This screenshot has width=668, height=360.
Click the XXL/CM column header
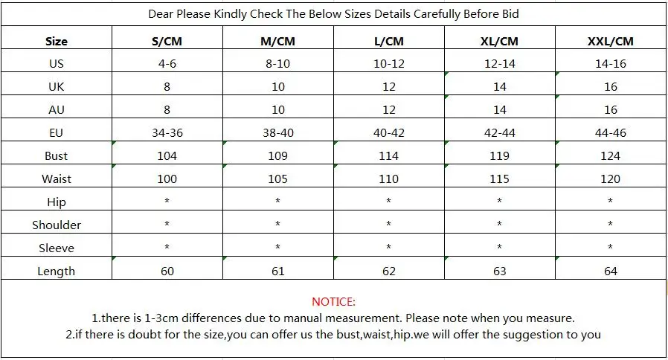610,42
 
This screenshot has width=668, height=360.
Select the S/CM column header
167,42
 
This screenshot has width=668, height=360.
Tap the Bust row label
57,156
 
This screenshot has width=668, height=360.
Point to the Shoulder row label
57,225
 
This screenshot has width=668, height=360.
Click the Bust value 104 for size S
167,156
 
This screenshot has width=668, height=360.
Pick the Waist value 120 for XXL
610,179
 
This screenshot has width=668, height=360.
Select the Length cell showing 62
388,271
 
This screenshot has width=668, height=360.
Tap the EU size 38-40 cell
277,133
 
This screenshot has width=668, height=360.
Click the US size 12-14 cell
500,64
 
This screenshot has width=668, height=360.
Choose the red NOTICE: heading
333,302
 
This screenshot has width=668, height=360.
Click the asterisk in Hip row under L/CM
388,201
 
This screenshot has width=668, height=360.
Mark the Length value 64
611,271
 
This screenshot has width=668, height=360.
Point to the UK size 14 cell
500,87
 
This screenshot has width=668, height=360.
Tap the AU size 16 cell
611,110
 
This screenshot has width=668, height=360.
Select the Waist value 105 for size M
277,179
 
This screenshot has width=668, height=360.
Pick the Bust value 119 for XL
499,156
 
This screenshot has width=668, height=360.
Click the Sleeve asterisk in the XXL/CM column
610,247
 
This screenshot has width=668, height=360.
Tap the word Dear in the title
161,14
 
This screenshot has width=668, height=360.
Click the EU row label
57,133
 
